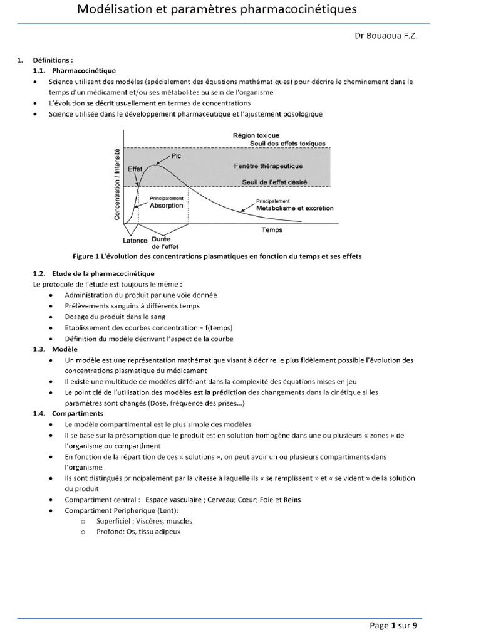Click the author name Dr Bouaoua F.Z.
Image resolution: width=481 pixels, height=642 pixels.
385,36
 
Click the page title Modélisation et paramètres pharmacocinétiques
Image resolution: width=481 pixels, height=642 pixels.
217,9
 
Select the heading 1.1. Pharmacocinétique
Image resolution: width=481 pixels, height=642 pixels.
74,71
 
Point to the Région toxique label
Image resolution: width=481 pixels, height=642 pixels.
256,135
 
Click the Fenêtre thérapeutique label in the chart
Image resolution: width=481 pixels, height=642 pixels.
268,166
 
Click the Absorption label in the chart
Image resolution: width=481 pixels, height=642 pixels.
166,205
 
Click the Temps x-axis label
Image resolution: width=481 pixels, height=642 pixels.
272,230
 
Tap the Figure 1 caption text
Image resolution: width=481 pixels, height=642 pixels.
217,256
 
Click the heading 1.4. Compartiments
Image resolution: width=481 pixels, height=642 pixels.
68,413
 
